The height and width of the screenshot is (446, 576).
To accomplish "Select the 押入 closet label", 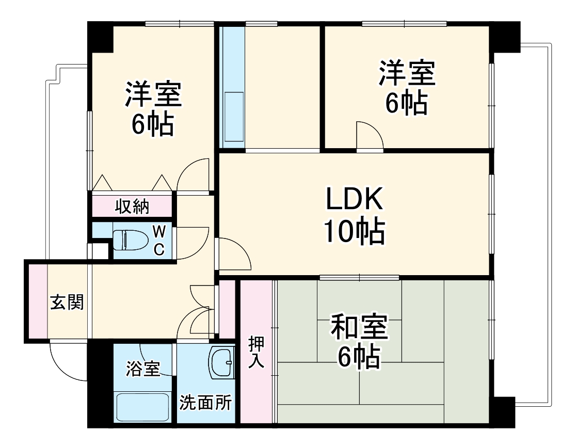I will (255, 353).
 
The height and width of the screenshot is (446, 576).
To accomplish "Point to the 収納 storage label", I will (132, 206).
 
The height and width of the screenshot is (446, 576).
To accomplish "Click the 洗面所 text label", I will (205, 403).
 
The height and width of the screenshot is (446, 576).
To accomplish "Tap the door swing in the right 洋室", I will (369, 135).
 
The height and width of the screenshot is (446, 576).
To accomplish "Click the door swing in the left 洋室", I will (193, 175).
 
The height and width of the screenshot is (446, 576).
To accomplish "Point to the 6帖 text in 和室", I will (359, 357).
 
